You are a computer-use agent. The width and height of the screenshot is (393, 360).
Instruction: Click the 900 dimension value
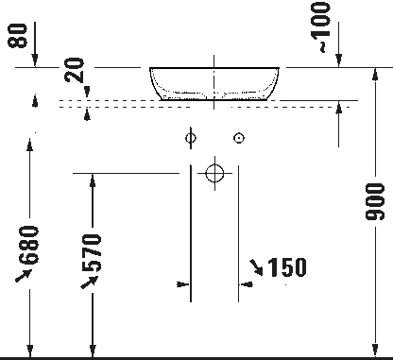(375, 201)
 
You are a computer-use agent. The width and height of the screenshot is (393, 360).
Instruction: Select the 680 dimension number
(28, 245)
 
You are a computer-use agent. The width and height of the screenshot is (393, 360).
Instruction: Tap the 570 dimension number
(92, 252)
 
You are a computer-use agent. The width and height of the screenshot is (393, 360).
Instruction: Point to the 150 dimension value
(287, 267)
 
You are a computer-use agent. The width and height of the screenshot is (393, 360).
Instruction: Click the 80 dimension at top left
(17, 36)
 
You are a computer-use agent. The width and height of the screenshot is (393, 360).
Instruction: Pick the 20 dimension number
(75, 70)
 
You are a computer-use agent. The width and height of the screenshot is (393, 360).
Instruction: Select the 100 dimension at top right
(320, 21)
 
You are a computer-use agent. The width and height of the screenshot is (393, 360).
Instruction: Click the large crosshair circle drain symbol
(214, 173)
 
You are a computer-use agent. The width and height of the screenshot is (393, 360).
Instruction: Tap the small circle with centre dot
(239, 138)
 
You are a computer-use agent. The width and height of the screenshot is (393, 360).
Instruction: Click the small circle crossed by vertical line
(191, 138)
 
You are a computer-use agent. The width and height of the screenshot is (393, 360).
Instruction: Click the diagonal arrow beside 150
(256, 267)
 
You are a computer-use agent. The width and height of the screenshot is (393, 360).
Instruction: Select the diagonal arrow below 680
(24, 276)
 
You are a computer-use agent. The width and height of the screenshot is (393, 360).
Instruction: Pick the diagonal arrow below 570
(90, 283)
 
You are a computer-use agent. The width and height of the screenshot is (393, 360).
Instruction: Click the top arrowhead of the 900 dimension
(375, 74)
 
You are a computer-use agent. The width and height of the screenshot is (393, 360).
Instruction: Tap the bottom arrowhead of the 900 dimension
(375, 351)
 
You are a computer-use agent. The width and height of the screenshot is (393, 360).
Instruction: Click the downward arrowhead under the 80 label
(35, 60)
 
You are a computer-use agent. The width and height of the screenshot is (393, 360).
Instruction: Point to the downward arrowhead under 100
(338, 60)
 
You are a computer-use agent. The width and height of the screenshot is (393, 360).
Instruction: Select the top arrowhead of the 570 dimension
(93, 180)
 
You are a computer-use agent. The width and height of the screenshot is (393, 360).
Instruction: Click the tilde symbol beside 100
(322, 47)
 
